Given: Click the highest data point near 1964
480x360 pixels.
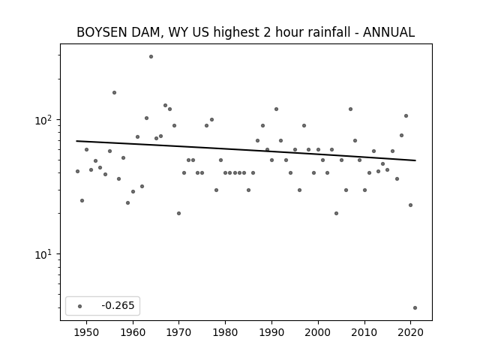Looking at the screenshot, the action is point(151,57).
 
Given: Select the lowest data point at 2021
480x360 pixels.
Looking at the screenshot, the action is point(415,308).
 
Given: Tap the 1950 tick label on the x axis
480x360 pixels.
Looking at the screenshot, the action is point(87,332).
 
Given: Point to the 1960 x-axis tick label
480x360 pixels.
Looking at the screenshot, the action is point(133,332).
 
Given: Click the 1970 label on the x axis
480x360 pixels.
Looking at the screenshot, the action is point(179,332).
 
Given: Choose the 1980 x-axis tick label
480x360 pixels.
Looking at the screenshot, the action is point(225,332).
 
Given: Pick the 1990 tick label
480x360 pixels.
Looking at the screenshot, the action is point(271,332).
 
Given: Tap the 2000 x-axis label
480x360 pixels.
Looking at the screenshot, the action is point(318,332).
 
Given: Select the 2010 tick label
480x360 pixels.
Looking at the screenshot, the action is point(364,332).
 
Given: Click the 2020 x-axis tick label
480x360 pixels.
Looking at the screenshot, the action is point(410,332).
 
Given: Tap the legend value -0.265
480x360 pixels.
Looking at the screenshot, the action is point(118,305).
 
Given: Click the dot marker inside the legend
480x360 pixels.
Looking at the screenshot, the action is point(80,306).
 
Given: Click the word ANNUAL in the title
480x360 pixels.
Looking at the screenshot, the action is point(388,32).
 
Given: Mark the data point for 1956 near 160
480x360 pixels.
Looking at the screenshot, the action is point(114,93).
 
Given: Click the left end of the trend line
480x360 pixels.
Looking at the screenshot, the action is point(76,141).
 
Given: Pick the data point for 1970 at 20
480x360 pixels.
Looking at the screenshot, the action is point(178,213).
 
